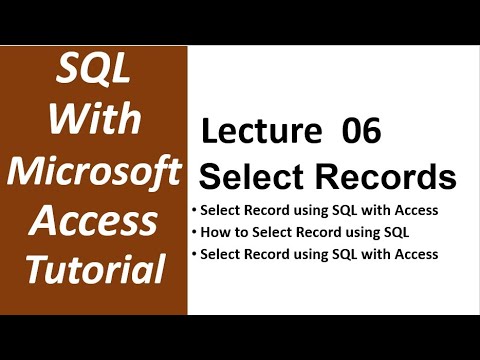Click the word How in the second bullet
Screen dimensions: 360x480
pos(216,233)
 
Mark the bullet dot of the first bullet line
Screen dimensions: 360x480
pos(194,212)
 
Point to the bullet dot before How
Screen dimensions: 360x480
pos(194,233)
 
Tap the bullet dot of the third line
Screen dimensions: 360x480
pos(194,254)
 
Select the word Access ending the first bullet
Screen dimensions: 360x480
pos(413,211)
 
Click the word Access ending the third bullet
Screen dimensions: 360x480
pos(413,254)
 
